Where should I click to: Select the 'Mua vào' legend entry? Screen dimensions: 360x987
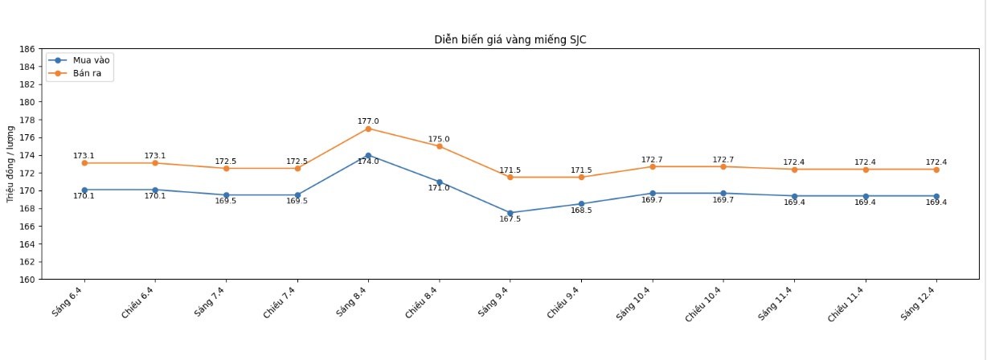tap(90, 60)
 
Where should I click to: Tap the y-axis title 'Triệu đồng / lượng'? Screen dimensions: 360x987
tap(10, 163)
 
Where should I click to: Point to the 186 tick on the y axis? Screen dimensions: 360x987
tap(27, 49)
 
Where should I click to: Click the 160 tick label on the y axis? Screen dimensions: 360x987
tap(27, 280)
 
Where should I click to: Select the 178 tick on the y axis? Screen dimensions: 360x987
tap(27, 120)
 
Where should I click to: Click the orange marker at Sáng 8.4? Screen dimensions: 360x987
tap(368, 129)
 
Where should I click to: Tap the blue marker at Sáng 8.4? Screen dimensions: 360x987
tap(368, 155)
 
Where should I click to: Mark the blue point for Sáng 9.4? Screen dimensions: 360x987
tap(510, 213)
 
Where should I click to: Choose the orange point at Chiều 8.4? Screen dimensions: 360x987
tap(440, 146)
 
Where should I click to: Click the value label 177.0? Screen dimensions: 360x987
tap(368, 121)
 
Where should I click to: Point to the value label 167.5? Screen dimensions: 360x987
tap(510, 219)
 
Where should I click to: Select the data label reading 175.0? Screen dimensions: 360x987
tap(440, 139)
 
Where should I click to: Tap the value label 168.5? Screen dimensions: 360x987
tap(581, 211)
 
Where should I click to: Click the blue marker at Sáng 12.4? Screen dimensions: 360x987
tap(936, 196)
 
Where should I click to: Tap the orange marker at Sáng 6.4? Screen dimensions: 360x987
tap(84, 163)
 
